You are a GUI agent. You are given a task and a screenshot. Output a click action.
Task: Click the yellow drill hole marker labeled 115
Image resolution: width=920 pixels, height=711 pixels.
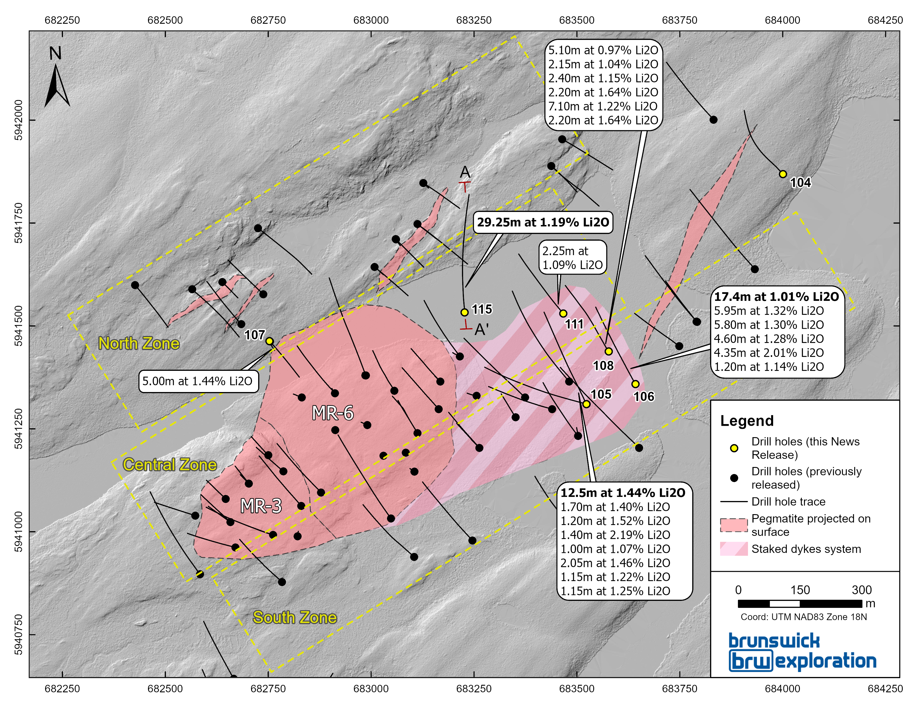click(464, 312)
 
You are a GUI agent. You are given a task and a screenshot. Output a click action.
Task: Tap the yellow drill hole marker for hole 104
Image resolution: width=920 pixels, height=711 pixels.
click(783, 174)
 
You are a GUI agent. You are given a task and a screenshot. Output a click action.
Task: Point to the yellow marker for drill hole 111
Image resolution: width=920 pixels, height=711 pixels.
click(563, 313)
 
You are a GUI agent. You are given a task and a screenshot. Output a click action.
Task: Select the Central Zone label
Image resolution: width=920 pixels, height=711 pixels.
click(170, 465)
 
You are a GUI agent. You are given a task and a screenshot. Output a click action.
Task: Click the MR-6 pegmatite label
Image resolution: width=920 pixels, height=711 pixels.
click(332, 413)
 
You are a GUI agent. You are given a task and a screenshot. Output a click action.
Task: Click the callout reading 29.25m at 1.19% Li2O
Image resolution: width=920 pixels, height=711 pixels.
click(543, 223)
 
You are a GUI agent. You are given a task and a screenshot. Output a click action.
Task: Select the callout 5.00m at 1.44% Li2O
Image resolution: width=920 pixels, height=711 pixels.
click(198, 381)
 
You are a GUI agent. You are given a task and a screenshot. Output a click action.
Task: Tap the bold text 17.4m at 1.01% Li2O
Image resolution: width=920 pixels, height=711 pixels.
click(776, 297)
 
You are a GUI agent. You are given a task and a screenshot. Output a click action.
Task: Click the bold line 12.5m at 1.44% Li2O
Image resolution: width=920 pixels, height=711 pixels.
click(623, 493)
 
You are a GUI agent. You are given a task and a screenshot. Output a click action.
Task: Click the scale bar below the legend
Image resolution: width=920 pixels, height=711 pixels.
click(800, 604)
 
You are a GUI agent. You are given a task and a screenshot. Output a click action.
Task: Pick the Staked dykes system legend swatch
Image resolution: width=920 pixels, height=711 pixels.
click(734, 549)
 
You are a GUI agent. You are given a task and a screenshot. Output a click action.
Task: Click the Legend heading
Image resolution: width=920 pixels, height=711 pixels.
click(747, 421)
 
